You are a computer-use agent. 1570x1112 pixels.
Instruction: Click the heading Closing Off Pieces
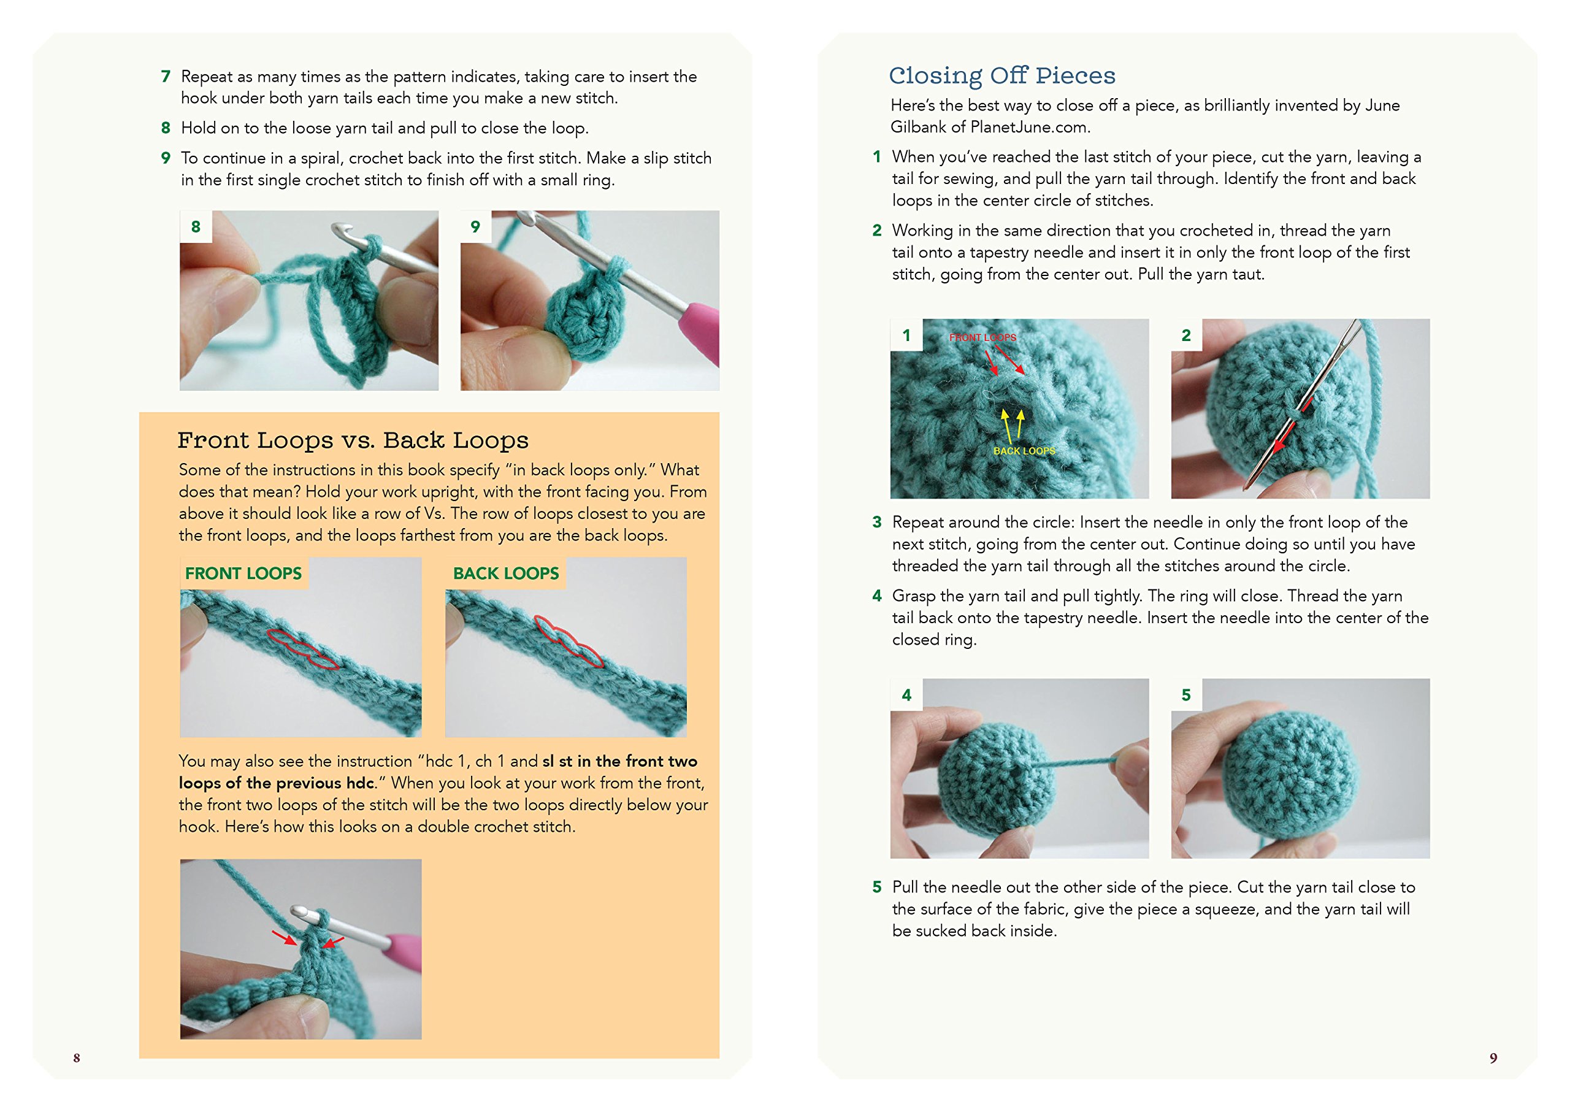tap(1001, 75)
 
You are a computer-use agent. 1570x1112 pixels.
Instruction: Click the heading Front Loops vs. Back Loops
tap(353, 440)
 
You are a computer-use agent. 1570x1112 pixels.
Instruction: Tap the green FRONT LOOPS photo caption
tap(243, 573)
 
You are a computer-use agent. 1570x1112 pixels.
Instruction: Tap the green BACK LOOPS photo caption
tap(505, 573)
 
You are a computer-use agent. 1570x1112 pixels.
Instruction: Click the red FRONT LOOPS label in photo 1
tap(982, 337)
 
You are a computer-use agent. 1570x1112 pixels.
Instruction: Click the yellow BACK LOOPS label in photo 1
tap(1024, 451)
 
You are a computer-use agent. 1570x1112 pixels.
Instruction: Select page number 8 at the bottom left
tap(77, 1058)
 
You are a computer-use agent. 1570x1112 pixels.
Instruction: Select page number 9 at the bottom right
tap(1493, 1058)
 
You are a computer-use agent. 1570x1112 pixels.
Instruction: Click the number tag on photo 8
tap(196, 227)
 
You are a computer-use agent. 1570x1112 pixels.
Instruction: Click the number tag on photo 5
tap(1186, 695)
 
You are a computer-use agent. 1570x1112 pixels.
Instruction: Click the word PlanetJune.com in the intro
tap(1028, 128)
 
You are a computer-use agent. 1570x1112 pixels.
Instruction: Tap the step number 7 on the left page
tap(166, 76)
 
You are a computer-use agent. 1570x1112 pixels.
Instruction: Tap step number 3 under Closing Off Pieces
tap(876, 523)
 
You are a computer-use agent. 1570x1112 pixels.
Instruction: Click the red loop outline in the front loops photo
tap(301, 647)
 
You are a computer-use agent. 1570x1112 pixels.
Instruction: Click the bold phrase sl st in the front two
tap(619, 761)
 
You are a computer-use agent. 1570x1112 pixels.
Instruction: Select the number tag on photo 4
tap(906, 695)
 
